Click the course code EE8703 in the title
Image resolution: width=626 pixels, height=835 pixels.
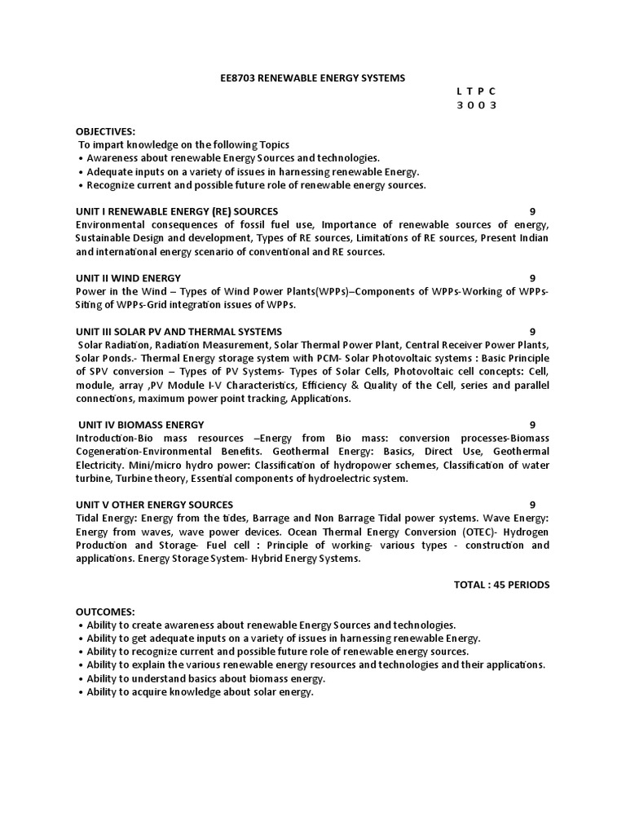[239, 77]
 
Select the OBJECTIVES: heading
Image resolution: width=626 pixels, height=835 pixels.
[106, 130]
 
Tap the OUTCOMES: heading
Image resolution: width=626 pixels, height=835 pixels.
[105, 611]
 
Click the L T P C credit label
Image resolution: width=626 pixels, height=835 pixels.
[477, 91]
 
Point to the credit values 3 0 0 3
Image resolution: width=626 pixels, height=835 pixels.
[477, 105]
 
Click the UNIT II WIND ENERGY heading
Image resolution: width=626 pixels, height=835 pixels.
[129, 278]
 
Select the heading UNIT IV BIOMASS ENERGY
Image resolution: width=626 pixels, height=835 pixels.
[142, 424]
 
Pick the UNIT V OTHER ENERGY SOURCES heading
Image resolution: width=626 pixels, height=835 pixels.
[155, 504]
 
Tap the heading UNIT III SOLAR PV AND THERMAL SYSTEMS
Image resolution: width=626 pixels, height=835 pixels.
[179, 331]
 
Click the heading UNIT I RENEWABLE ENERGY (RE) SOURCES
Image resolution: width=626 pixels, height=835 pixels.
[177, 211]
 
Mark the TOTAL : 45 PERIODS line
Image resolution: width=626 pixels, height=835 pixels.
[501, 585]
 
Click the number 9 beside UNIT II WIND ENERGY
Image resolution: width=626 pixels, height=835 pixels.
[532, 278]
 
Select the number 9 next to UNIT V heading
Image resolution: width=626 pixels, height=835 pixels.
[532, 504]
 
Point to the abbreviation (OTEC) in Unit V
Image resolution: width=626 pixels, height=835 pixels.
[467, 531]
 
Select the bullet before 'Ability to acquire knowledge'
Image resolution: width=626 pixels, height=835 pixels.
[82, 691]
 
